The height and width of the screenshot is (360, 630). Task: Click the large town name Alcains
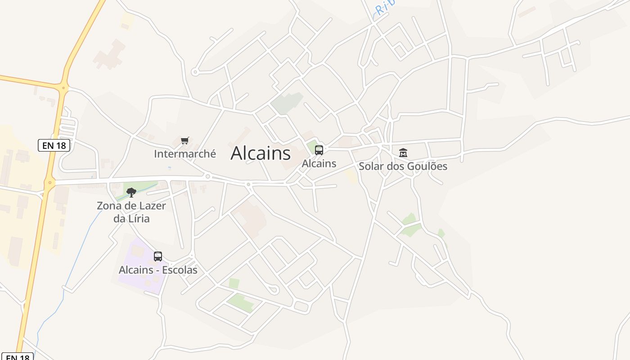coord(261,153)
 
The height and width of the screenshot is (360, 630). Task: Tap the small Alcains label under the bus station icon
coord(319,163)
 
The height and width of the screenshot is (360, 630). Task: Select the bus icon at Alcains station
coord(319,150)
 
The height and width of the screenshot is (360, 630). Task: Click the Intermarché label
coord(185,154)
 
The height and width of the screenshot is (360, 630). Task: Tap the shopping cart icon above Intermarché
coord(184,141)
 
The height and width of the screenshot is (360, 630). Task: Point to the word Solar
coord(371,166)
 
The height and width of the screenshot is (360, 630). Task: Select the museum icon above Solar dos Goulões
coord(403,153)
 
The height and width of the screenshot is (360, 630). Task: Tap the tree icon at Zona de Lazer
coord(131,193)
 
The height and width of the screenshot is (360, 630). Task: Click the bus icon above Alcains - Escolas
coord(157,256)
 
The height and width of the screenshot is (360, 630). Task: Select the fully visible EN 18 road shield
coord(54,145)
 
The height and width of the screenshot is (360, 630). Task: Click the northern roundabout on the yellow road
coord(63,88)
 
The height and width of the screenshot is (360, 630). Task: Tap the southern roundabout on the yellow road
coord(49,182)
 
